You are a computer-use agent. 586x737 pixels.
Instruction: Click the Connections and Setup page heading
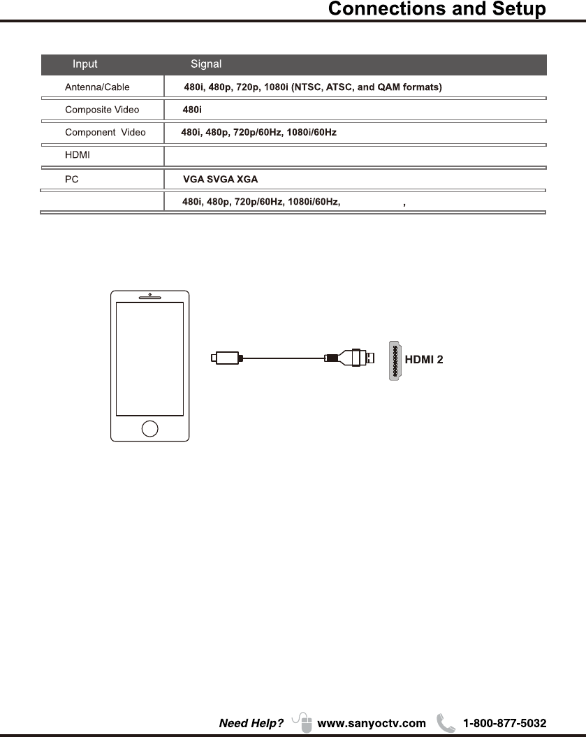437,10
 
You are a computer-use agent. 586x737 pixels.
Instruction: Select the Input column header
85,64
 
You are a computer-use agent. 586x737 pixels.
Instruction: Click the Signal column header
206,64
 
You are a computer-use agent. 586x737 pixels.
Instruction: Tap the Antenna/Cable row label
97,88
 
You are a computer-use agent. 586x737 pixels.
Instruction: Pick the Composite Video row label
102,110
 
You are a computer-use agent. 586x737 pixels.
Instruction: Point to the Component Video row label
105,132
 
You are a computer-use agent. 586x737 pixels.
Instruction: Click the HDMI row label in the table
77,154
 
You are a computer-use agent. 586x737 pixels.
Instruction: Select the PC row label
71,180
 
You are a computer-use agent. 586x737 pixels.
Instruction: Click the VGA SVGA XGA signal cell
220,180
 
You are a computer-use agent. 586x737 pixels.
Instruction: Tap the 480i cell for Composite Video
192,110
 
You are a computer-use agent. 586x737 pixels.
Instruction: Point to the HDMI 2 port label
424,360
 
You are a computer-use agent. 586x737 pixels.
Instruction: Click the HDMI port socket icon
395,360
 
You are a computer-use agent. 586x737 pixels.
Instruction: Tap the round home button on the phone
149,428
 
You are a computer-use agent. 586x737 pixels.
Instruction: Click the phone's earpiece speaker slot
149,297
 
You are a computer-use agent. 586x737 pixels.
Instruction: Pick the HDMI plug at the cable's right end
356,358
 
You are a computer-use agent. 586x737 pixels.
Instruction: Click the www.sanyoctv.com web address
371,723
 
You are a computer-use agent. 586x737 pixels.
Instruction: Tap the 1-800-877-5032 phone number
505,723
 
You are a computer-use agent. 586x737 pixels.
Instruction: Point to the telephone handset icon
445,722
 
